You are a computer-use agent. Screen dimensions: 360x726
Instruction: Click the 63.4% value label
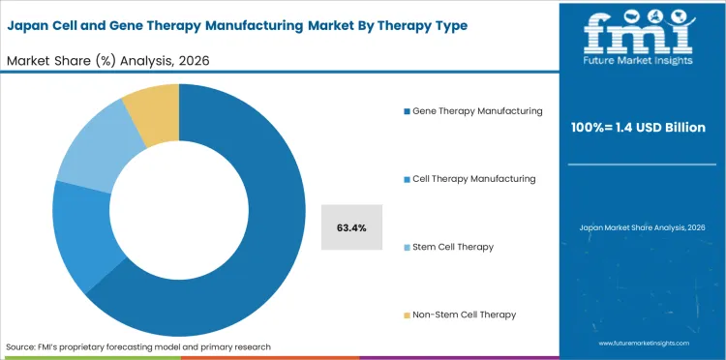(x=350, y=227)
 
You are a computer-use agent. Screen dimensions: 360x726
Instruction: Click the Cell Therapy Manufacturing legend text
(x=474, y=179)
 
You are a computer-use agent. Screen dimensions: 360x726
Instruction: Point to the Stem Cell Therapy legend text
(x=453, y=247)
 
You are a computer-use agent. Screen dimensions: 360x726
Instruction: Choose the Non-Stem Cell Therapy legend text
(x=464, y=315)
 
